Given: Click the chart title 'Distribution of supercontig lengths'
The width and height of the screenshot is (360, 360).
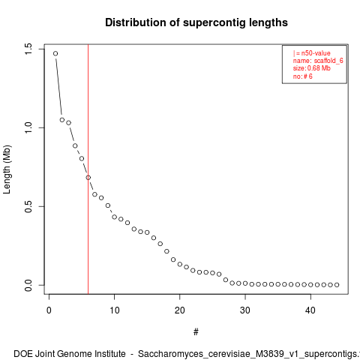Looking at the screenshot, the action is coord(196,22).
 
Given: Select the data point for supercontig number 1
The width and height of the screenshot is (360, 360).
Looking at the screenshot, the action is coord(55,53).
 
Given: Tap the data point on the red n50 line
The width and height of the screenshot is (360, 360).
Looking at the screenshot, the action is coord(88,178).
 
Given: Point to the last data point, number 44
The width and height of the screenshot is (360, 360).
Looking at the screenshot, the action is coord(337,285).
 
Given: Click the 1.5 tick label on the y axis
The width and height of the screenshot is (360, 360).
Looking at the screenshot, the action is coord(28,49).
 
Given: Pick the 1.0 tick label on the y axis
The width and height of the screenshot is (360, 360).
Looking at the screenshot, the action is coord(28,127).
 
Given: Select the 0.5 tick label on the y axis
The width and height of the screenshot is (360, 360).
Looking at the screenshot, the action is coord(28,206).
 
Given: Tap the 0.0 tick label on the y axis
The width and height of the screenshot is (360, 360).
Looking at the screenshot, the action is coord(28,285).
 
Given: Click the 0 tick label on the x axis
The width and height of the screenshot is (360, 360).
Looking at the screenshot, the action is coord(49,310).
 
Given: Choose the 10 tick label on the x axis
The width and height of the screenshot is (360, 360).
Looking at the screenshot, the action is coord(114,310).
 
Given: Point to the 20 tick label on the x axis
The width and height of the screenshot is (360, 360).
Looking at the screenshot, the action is coord(180,310).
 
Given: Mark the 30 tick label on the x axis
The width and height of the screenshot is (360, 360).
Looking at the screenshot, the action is coord(245,310).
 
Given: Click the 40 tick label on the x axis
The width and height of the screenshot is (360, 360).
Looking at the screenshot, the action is coord(310,310).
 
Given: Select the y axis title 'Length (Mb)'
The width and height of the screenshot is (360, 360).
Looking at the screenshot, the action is coord(7,169).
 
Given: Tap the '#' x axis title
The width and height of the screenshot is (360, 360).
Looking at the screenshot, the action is coord(196,332).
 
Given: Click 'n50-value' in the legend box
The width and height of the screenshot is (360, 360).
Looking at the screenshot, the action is coord(316,53).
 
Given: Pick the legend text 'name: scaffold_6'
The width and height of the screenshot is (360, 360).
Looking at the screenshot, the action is coord(318,61).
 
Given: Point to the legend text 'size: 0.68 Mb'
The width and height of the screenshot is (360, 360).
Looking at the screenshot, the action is coord(312,68).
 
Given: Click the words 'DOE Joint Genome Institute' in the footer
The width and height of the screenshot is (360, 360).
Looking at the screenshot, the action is coord(70,354).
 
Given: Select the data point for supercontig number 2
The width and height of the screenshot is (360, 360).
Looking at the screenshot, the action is coord(62,120).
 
